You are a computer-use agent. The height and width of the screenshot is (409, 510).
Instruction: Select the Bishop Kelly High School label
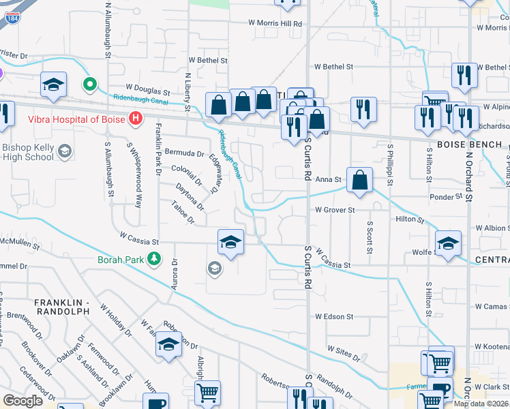pos(28,151)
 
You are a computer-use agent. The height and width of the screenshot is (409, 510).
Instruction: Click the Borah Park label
pos(123,259)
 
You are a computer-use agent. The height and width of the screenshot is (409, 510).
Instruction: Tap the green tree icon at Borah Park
pos(155,258)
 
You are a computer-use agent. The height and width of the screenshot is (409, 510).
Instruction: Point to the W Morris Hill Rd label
pos(275,23)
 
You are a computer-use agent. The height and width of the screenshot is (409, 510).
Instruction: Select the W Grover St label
pos(335,211)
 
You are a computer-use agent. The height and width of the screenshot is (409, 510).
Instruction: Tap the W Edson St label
pos(334,317)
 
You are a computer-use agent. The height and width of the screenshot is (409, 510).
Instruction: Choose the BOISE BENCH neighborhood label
pos(469,145)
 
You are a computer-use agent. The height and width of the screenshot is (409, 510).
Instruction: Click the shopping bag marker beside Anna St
pos(359,181)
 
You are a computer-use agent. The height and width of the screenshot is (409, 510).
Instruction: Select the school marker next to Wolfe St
pos(448,244)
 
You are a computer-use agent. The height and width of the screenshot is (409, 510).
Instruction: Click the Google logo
pos(22,401)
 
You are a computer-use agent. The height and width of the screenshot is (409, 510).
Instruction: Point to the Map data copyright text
pos(481,404)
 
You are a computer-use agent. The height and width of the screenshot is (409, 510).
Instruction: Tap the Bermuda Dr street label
pos(188,153)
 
